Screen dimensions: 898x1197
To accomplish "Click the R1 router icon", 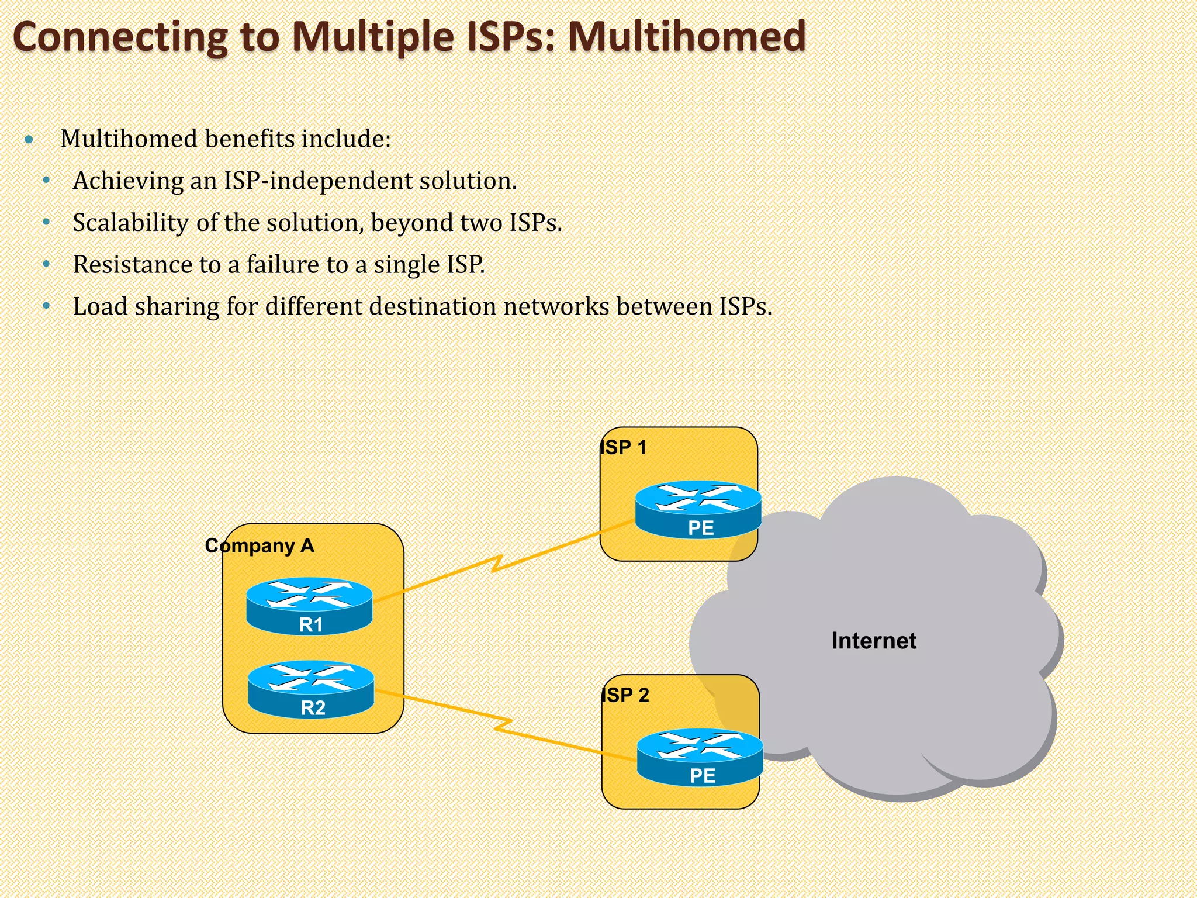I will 309,606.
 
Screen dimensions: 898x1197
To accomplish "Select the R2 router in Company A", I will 311,689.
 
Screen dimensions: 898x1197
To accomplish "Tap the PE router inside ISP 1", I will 698,509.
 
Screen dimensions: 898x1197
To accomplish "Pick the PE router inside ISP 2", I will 700,757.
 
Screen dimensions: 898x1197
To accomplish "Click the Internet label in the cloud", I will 874,641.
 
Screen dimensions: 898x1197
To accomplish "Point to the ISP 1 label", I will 624,448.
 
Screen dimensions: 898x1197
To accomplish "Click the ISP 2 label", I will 625,695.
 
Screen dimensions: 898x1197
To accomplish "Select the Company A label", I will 260,545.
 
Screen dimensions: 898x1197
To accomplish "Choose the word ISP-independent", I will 317,181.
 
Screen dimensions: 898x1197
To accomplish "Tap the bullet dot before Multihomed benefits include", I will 29,140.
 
